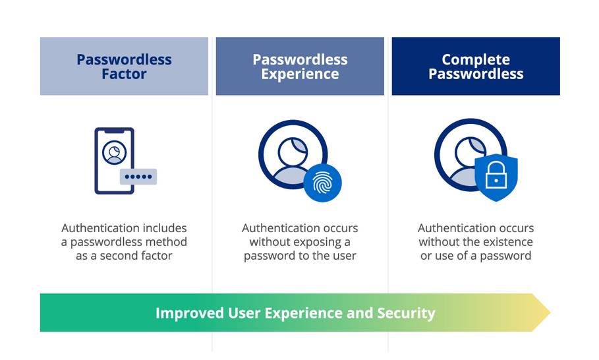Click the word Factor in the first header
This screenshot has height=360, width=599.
point(124,74)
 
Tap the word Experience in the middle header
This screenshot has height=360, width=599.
point(300,74)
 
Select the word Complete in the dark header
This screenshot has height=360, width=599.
point(476,59)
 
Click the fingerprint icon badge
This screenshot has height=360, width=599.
point(323,183)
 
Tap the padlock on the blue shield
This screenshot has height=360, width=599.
point(496,175)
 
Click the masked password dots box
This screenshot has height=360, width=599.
point(138,177)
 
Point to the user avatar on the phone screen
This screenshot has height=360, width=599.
point(114,152)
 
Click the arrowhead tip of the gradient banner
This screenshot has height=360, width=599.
point(550,313)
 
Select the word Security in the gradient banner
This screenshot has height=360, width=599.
point(407,313)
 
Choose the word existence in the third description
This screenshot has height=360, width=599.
point(507,242)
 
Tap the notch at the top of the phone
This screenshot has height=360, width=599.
point(114,131)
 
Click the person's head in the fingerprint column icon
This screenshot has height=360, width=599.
point(293,152)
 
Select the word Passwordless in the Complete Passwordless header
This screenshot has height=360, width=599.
point(476,74)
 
